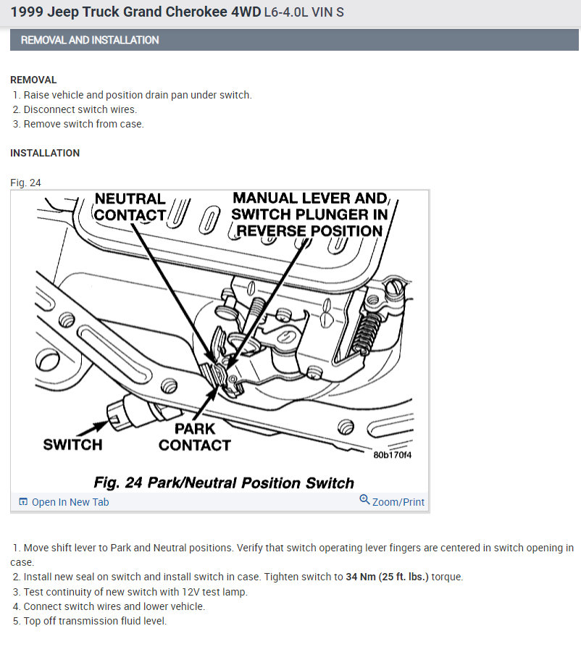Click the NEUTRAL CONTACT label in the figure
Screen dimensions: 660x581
coord(130,206)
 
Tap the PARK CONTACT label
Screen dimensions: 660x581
coord(194,437)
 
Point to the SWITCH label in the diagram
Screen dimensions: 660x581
coord(72,444)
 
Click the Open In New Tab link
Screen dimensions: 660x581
coord(70,502)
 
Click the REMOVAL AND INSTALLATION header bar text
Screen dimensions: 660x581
coord(90,40)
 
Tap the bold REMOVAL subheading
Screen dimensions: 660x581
coord(33,80)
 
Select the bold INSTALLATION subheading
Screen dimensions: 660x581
coord(45,153)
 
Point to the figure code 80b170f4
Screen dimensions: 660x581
coord(392,456)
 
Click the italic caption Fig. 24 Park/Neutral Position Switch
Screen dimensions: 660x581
coord(224,483)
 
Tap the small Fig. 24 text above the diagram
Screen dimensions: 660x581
coord(25,183)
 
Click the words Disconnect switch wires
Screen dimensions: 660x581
coord(80,109)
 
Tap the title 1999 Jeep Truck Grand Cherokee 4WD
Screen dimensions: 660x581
coord(135,12)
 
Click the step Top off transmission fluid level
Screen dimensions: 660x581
coord(95,621)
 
